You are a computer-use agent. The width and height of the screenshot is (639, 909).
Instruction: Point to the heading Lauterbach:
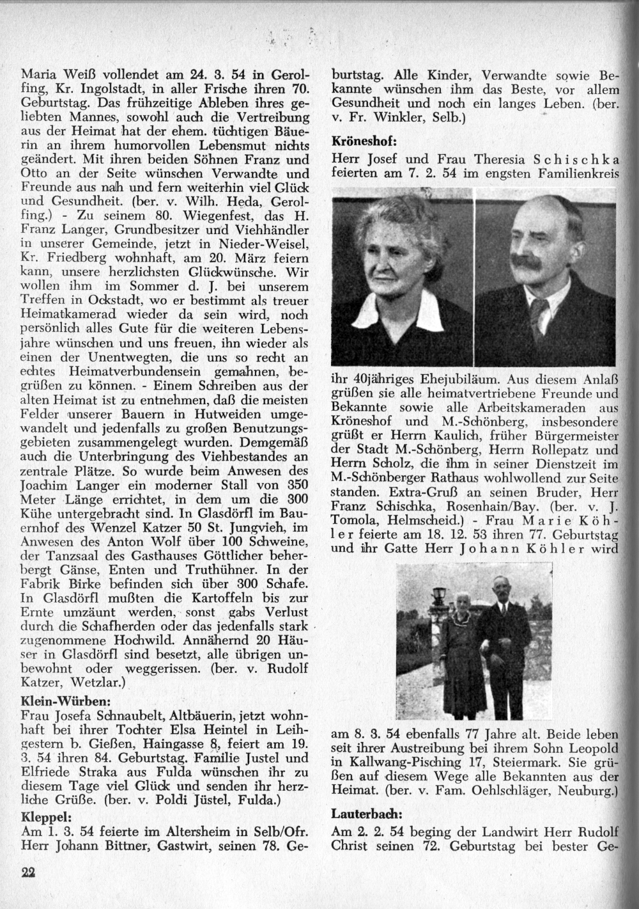[367, 814]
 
